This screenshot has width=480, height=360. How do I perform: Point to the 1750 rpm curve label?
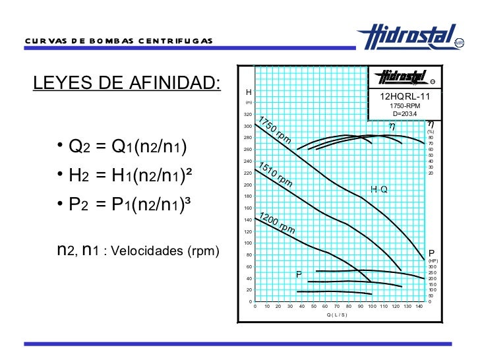[x=274, y=130]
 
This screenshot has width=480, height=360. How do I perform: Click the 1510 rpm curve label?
[x=276, y=174]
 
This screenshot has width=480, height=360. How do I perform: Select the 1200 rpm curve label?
[x=276, y=223]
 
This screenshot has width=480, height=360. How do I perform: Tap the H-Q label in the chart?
[x=379, y=190]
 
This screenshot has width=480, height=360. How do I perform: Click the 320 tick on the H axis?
[x=248, y=115]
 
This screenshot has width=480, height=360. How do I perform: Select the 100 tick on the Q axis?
[x=373, y=307]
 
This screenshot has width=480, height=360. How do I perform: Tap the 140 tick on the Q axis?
[x=419, y=307]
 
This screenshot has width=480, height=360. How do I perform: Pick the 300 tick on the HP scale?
[x=431, y=266]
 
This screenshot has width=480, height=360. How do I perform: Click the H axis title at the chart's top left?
[x=249, y=92]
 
